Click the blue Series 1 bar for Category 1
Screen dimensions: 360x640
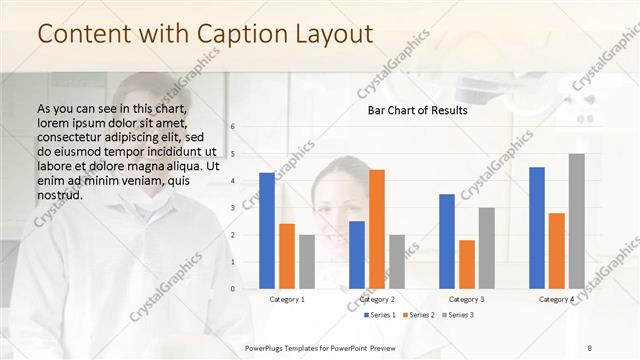[x=267, y=231]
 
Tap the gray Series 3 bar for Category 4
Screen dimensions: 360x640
[x=576, y=221]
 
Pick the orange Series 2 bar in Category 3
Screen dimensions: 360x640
[x=466, y=264]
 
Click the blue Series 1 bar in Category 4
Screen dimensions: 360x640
[x=537, y=228]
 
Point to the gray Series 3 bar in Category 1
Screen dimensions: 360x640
[x=306, y=262]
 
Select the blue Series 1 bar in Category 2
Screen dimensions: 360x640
[x=357, y=255]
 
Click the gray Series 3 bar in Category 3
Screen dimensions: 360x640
[x=486, y=248]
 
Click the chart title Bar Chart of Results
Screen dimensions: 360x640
[x=411, y=110]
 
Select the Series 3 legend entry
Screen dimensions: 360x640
[x=456, y=315]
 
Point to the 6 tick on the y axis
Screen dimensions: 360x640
[x=232, y=127]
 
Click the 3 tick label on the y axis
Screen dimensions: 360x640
[x=232, y=208]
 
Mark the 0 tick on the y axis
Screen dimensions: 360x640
[x=232, y=289]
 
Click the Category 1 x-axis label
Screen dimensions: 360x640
[x=287, y=299]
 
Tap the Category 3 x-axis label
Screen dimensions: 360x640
[x=467, y=299]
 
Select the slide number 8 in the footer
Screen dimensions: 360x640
[x=589, y=347]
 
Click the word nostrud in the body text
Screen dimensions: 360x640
[x=59, y=195]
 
